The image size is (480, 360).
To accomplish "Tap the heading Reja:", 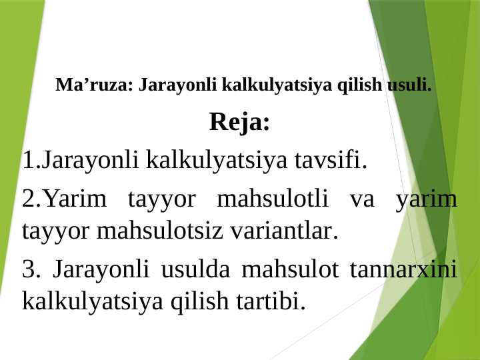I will pyautogui.click(x=239, y=123).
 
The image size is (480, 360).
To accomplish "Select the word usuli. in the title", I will pyautogui.click(x=408, y=86).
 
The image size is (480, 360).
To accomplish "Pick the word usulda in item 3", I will pyautogui.click(x=196, y=270).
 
